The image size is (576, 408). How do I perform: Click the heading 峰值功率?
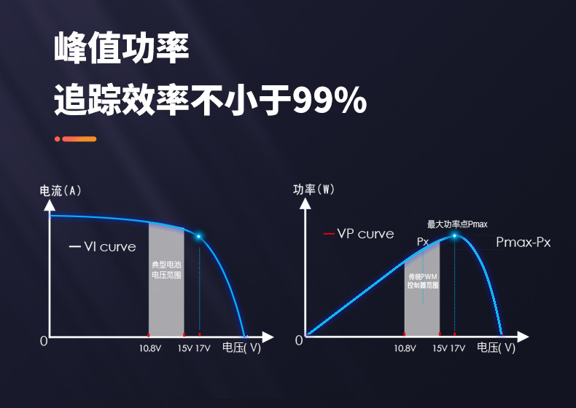(x=122, y=48)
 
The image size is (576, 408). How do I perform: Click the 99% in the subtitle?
(x=329, y=100)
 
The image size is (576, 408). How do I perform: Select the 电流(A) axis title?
(x=61, y=191)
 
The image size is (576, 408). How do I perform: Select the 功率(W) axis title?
(x=314, y=190)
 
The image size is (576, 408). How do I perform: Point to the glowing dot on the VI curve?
(x=198, y=236)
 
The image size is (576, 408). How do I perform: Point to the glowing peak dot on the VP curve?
(x=455, y=235)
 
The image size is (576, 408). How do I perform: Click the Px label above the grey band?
(x=423, y=241)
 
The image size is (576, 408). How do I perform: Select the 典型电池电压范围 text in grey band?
(x=166, y=270)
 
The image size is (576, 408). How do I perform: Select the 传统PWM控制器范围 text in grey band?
(x=423, y=281)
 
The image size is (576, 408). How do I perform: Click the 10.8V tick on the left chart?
(x=150, y=348)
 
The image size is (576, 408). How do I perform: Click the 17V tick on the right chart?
(x=457, y=348)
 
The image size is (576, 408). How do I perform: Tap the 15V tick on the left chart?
(x=185, y=348)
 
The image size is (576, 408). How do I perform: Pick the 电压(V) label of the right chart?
(x=496, y=348)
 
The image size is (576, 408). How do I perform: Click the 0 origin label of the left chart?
(x=44, y=341)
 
